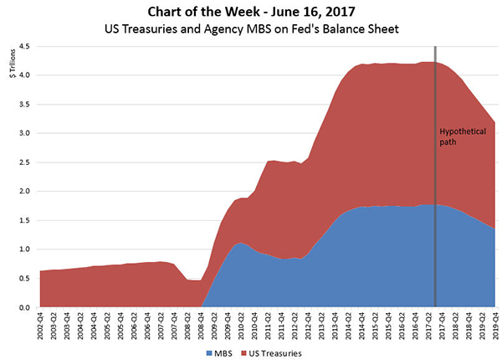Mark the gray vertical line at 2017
436,209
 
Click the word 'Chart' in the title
171,12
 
